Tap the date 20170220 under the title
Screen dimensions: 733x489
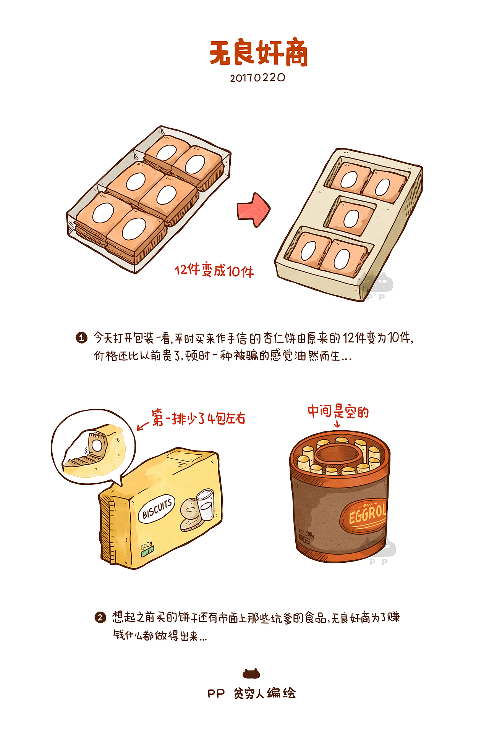(257, 78)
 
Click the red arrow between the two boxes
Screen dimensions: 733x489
(253, 210)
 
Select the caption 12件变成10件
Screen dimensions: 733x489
(214, 271)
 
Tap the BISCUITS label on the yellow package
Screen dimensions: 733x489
(157, 508)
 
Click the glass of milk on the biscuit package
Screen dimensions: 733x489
(206, 504)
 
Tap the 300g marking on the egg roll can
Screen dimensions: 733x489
(309, 535)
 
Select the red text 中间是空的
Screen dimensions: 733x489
(338, 412)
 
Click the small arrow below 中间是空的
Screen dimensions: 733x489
(337, 424)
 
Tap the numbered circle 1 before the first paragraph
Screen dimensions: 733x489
(81, 338)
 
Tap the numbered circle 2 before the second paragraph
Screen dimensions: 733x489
(100, 617)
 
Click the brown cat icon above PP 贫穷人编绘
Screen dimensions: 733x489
(251, 674)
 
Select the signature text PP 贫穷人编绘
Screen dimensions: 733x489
(251, 693)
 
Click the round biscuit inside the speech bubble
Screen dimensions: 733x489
(97, 445)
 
